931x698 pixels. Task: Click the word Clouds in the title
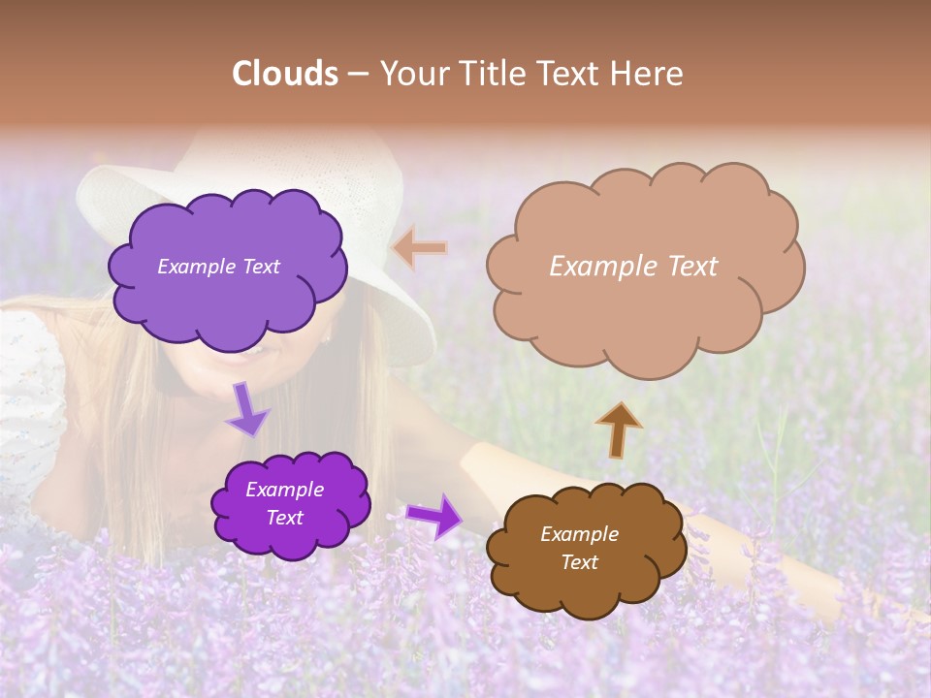click(285, 74)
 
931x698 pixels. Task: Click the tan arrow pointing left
click(419, 248)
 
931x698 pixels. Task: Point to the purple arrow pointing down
click(246, 410)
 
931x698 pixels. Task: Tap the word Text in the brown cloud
click(580, 562)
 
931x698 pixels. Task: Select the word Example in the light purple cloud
click(194, 267)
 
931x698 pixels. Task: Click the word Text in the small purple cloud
click(285, 518)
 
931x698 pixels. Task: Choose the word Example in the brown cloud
click(579, 534)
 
